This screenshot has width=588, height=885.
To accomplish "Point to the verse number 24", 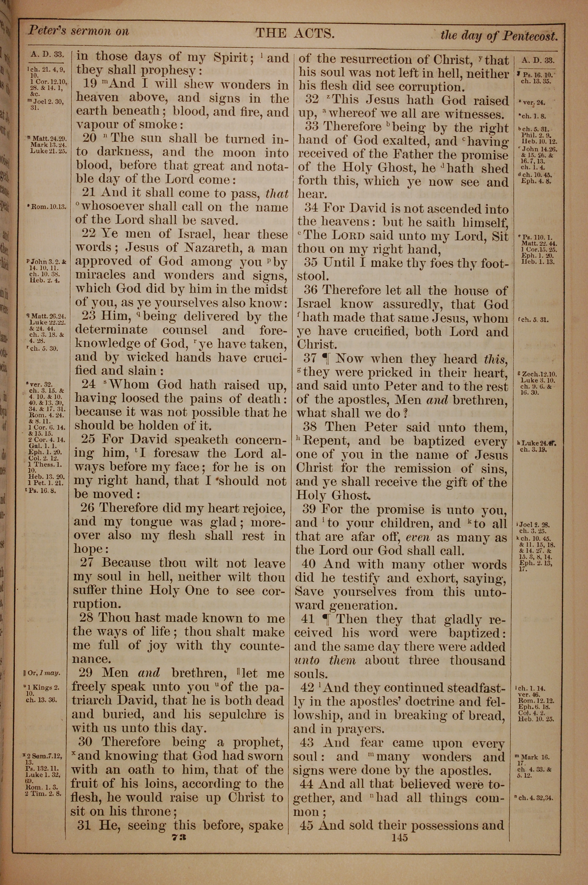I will click(88, 385).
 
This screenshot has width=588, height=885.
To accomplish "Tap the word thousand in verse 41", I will click(478, 660).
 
